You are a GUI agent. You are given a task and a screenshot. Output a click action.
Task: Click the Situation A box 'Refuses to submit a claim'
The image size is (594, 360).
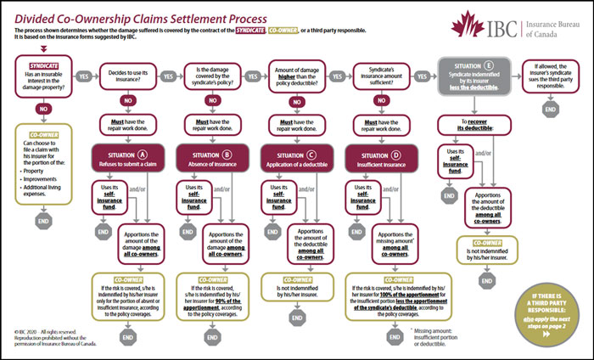[x=126, y=160]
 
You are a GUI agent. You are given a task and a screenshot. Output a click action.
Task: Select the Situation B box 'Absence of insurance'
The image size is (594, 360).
[x=210, y=160]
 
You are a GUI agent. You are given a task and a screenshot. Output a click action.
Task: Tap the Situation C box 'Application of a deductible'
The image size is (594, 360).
[x=295, y=160]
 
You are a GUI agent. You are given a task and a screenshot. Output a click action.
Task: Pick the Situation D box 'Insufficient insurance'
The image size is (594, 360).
[x=379, y=160]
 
